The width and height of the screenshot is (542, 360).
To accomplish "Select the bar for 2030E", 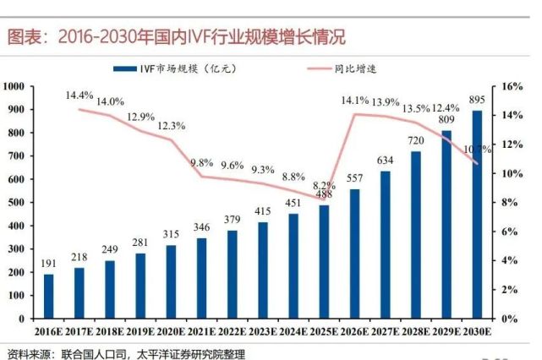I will click(x=477, y=215).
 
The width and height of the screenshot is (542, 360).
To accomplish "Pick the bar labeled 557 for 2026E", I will click(x=354, y=254).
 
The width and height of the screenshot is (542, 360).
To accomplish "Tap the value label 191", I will click(x=47, y=265).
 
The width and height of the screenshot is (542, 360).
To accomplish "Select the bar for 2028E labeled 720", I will click(x=415, y=235).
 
